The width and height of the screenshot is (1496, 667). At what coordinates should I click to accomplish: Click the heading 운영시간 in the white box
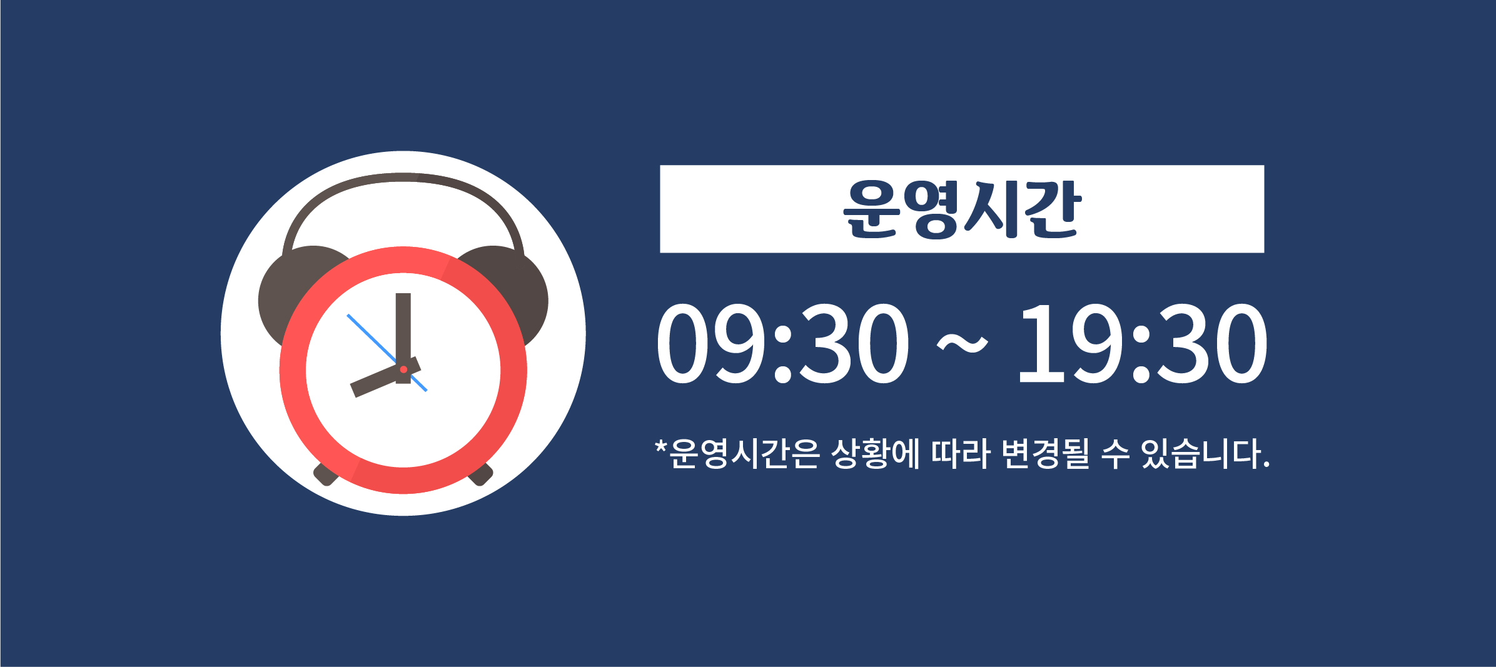coord(962,209)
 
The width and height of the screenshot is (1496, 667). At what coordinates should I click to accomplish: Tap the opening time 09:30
coord(782,343)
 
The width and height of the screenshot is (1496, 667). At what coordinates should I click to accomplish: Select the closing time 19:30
coord(1143,343)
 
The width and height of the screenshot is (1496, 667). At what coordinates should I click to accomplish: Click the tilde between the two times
coord(963,344)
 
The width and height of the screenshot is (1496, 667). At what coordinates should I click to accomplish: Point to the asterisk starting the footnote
coord(661,447)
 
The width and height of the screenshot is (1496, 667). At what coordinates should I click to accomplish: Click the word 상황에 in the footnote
coord(876,453)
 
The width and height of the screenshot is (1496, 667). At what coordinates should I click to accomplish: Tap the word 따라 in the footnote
coord(961,453)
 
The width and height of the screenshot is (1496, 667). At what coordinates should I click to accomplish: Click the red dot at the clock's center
coord(403,369)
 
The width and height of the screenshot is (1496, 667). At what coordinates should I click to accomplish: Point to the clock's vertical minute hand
coord(403,338)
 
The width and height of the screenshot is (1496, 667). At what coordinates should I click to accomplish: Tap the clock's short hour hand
coord(385,377)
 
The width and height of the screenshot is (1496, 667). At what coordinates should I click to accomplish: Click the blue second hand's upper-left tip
coord(348,315)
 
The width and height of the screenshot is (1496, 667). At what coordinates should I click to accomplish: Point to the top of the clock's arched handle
coord(403,178)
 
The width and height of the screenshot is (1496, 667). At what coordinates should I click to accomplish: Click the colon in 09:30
coord(782,354)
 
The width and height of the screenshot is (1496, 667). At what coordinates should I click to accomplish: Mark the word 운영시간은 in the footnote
coord(744,453)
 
